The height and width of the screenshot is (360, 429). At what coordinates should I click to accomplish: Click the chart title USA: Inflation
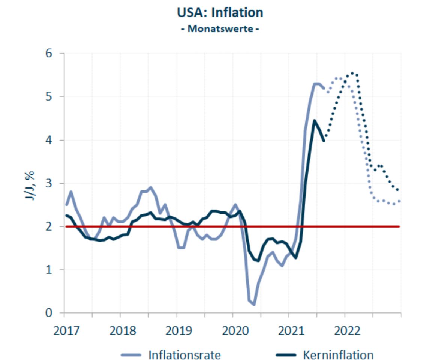pyautogui.click(x=220, y=12)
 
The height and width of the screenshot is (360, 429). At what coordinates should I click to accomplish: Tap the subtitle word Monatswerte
pyautogui.click(x=220, y=29)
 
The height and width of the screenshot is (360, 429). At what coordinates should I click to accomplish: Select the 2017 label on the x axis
pyautogui.click(x=64, y=331)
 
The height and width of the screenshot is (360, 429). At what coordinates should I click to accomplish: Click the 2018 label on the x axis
pyautogui.click(x=120, y=331)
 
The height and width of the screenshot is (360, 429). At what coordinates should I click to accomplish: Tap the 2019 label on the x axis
pyautogui.click(x=176, y=331)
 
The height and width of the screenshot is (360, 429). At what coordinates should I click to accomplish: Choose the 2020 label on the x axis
pyautogui.click(x=232, y=331)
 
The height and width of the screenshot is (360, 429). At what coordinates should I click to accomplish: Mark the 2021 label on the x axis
pyautogui.click(x=289, y=331)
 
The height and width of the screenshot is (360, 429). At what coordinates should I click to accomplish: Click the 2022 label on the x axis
pyautogui.click(x=345, y=331)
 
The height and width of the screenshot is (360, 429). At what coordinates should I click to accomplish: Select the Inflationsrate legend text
pyautogui.click(x=184, y=354)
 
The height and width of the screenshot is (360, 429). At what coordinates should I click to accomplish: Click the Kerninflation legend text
pyautogui.click(x=338, y=354)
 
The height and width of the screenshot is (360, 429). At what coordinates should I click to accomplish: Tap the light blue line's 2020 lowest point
pyautogui.click(x=254, y=304)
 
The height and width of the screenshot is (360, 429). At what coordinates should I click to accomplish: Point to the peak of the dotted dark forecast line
pyautogui.click(x=352, y=73)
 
